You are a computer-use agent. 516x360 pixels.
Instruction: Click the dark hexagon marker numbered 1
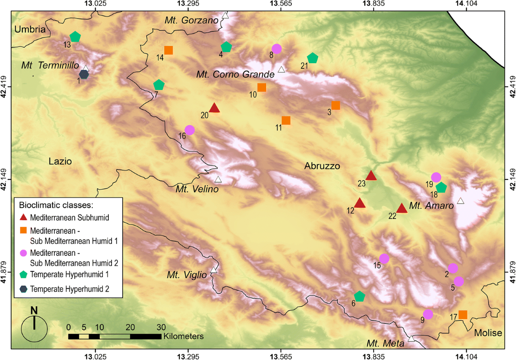click(84, 74)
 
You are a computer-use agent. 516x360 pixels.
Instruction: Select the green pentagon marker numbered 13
click(75, 37)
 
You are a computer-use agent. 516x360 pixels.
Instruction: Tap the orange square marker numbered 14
click(169, 50)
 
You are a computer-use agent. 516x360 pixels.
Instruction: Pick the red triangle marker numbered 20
click(215, 108)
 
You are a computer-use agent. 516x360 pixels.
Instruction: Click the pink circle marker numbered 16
click(190, 129)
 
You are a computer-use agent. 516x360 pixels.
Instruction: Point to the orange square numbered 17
click(463, 314)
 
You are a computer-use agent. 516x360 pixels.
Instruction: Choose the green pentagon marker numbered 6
click(359, 296)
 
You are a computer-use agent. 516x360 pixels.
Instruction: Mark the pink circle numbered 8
click(276, 49)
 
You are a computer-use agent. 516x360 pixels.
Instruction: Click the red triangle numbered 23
click(371, 175)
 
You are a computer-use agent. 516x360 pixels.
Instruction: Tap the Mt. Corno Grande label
click(235, 74)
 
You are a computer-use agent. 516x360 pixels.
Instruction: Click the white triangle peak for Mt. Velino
click(218, 179)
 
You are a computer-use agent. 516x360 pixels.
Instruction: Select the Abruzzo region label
click(322, 166)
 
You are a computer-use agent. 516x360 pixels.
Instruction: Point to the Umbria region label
click(30, 29)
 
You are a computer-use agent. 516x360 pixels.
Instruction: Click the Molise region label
click(488, 333)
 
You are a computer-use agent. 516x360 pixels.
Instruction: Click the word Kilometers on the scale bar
click(183, 335)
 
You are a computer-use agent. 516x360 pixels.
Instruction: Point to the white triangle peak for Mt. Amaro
click(461, 201)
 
